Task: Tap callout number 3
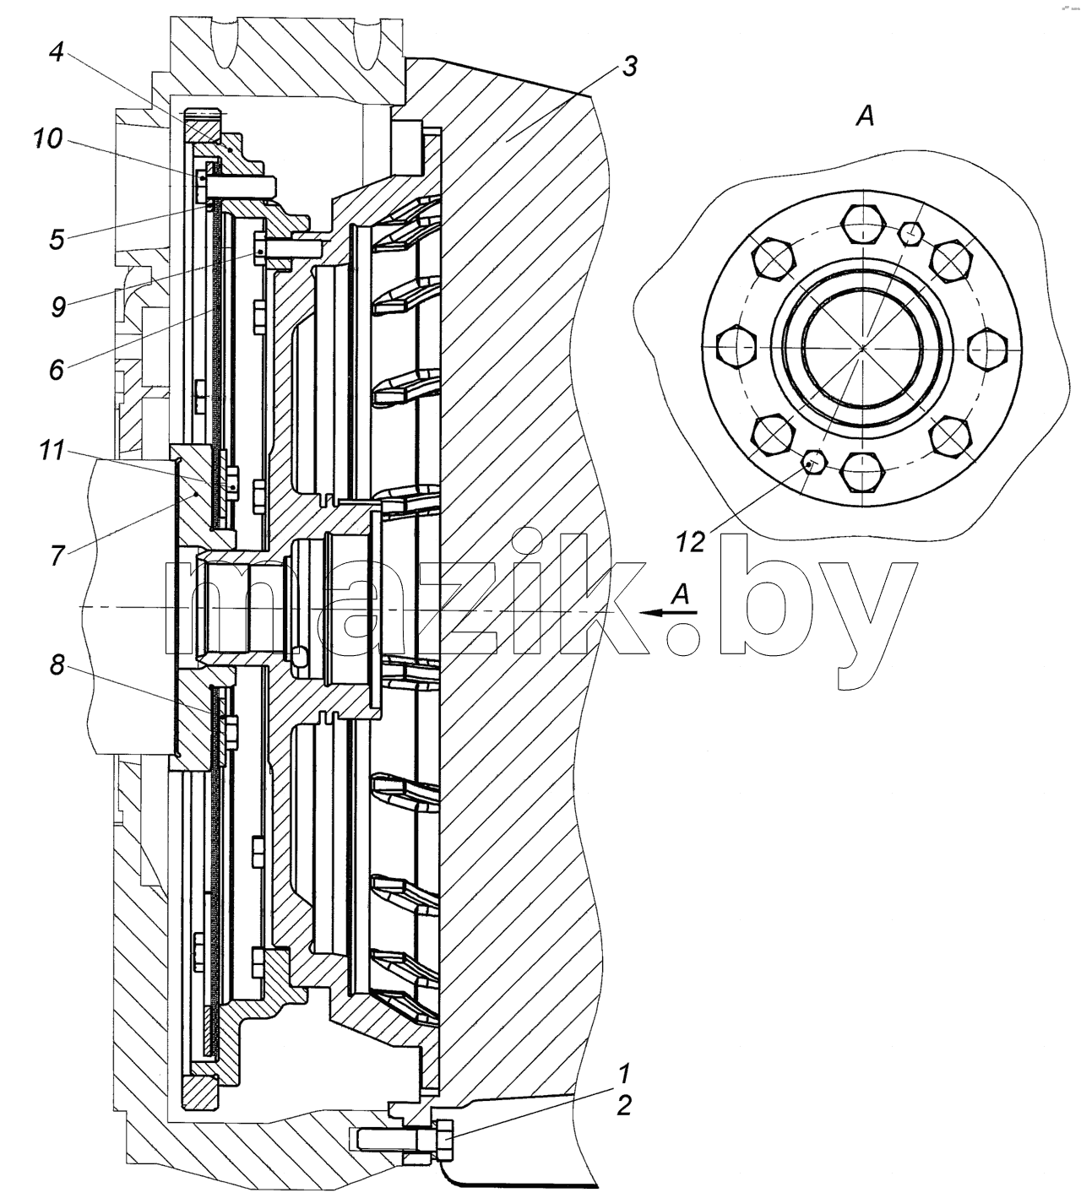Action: point(629,66)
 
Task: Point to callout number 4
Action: point(57,52)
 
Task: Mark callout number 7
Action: point(57,556)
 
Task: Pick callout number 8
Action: point(57,664)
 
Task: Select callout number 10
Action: point(48,139)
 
